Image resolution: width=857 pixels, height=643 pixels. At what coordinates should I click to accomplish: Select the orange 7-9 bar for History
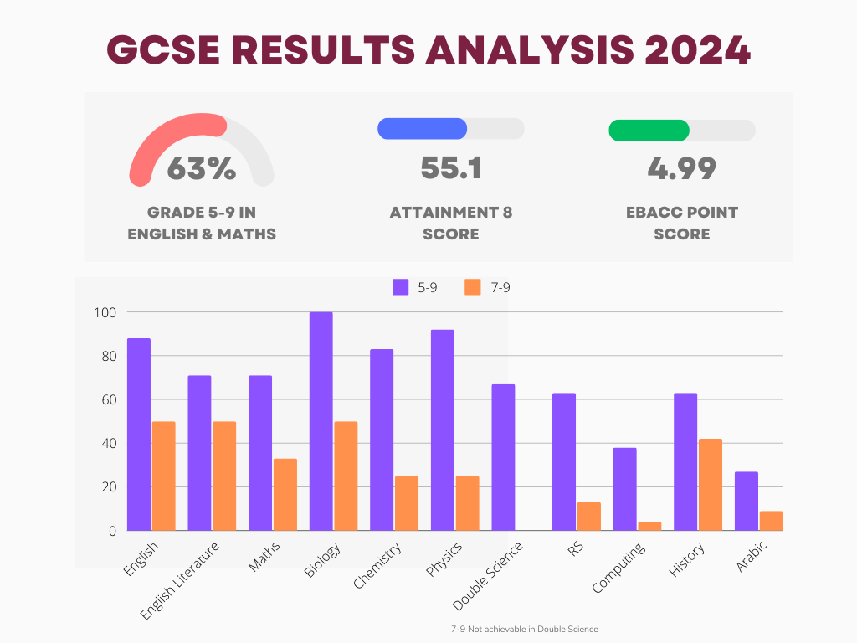pos(711,485)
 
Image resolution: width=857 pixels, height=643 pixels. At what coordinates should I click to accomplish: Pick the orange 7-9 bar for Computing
pos(649,526)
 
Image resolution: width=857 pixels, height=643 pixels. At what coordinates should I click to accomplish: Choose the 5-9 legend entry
pos(415,287)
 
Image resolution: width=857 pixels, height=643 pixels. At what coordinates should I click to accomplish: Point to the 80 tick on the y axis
pos(105,356)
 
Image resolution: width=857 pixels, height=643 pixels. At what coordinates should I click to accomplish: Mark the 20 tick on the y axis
pos(105,486)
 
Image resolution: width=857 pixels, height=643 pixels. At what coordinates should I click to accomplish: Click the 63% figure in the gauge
pos(201,168)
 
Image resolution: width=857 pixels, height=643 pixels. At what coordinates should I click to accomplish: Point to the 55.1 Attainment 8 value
pos(450,168)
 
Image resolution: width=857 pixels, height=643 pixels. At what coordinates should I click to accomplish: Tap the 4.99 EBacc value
pos(681,168)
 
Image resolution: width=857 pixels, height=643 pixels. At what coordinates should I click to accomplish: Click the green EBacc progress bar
pos(649,131)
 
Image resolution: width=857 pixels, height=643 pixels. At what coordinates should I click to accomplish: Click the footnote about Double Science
pos(525,629)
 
